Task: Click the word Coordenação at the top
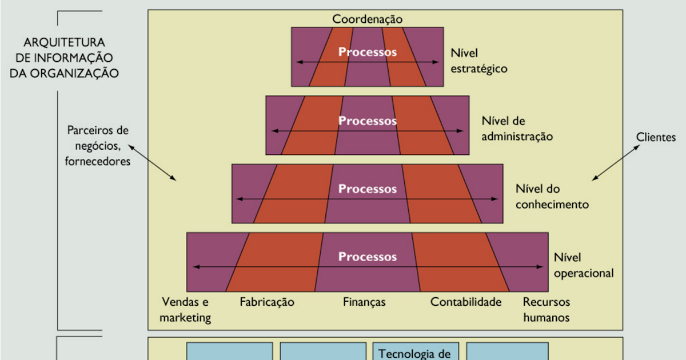pyautogui.click(x=368, y=19)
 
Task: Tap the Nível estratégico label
pyautogui.click(x=479, y=61)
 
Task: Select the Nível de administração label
pyautogui.click(x=517, y=129)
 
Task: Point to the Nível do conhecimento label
pyautogui.click(x=552, y=196)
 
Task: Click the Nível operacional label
pyautogui.click(x=583, y=265)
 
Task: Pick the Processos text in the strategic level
pyautogui.click(x=368, y=51)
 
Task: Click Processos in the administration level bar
pyautogui.click(x=368, y=121)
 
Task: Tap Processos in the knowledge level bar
pyautogui.click(x=368, y=189)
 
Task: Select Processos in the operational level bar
pyautogui.click(x=368, y=257)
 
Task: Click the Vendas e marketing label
pyautogui.click(x=186, y=310)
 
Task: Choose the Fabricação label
pyautogui.click(x=267, y=302)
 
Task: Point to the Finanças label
pyautogui.click(x=364, y=302)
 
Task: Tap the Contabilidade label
pyautogui.click(x=466, y=302)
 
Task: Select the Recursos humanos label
pyautogui.click(x=547, y=310)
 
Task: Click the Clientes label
pyautogui.click(x=656, y=137)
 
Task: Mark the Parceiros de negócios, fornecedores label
pyautogui.click(x=98, y=146)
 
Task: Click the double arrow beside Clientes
pyautogui.click(x=616, y=162)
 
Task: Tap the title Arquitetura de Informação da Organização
pyautogui.click(x=64, y=58)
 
